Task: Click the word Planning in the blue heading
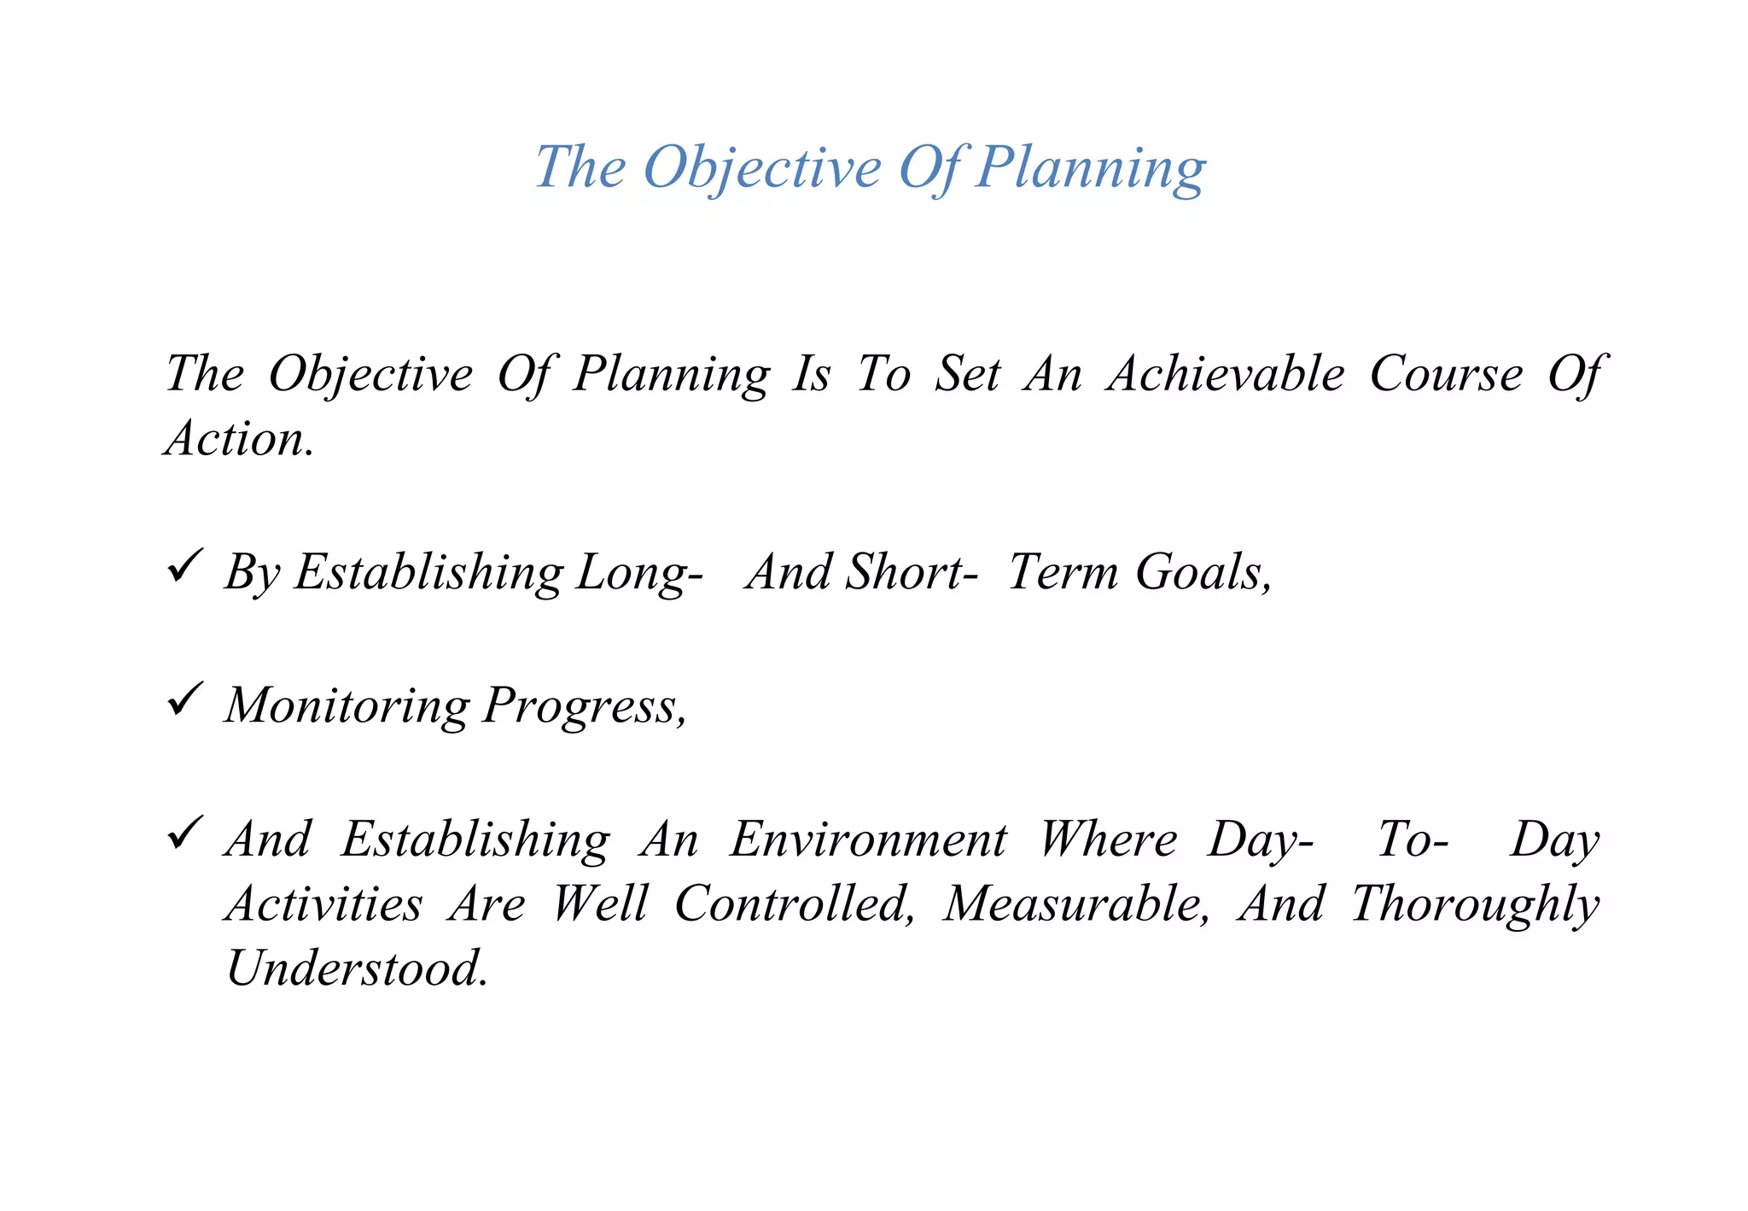click(1090, 167)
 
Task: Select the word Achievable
click(1226, 374)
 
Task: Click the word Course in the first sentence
click(1446, 374)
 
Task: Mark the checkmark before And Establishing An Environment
click(184, 832)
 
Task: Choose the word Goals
click(1203, 572)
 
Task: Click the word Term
click(1063, 572)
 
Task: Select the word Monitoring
click(347, 705)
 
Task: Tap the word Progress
click(585, 707)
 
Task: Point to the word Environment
click(868, 840)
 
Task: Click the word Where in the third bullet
click(1108, 840)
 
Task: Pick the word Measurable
click(1076, 904)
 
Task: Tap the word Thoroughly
click(1475, 905)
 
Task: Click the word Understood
click(358, 968)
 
